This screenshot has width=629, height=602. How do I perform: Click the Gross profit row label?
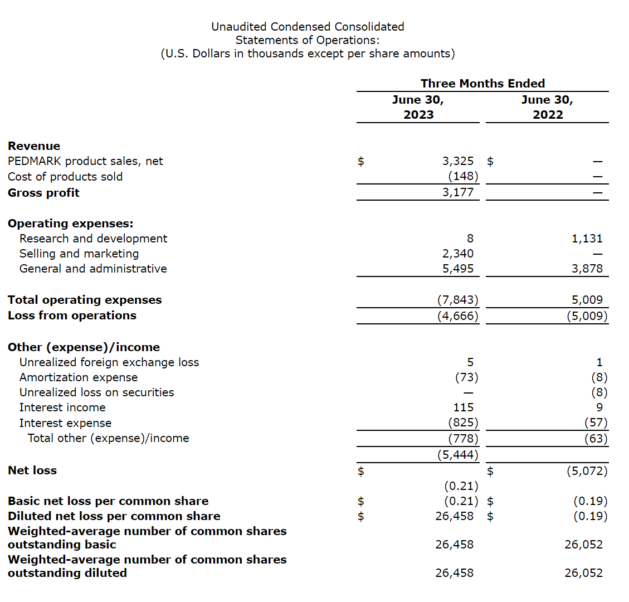(x=43, y=193)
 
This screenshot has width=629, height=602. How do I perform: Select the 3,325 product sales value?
(x=458, y=161)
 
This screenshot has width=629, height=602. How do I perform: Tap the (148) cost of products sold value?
(x=463, y=176)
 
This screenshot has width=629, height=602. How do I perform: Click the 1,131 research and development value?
(x=587, y=239)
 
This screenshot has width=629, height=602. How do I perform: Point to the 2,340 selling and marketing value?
(x=458, y=254)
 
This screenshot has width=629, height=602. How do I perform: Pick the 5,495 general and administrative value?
(x=458, y=269)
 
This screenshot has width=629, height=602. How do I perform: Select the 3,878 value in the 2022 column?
(x=587, y=269)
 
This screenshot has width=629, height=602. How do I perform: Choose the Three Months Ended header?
(x=482, y=84)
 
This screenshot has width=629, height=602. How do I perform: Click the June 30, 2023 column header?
(x=418, y=107)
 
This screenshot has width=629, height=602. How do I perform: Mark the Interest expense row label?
(x=65, y=423)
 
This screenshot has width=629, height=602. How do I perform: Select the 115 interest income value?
(x=464, y=407)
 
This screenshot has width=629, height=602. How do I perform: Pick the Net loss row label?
(x=32, y=470)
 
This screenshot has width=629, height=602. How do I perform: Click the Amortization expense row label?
(x=79, y=377)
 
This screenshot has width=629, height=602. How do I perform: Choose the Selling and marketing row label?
(x=79, y=254)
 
